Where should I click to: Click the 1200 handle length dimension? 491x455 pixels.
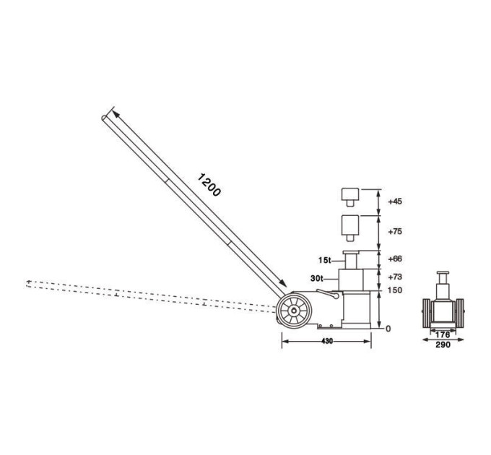click(x=209, y=185)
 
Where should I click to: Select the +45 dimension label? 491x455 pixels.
click(x=395, y=201)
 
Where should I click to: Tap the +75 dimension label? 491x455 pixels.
click(x=395, y=231)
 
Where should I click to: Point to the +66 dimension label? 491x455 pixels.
click(x=395, y=259)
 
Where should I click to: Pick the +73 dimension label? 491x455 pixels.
click(x=395, y=277)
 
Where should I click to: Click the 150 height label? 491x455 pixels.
click(x=394, y=290)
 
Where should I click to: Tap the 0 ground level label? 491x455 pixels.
click(x=388, y=329)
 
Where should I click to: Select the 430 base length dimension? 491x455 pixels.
click(x=327, y=342)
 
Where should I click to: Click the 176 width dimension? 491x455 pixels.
click(x=443, y=335)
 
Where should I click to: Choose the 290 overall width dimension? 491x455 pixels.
click(x=443, y=344)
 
